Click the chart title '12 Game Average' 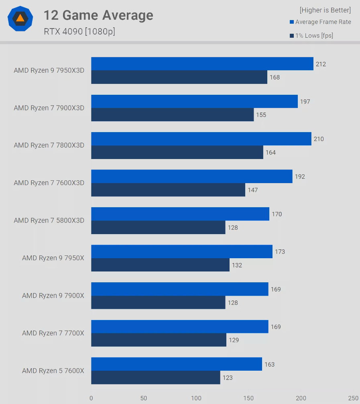pos(98,15)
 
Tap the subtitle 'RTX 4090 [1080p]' pos(79,31)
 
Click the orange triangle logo pos(20,18)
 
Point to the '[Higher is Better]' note pos(325,10)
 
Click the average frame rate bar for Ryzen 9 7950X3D pos(202,64)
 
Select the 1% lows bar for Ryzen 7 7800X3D pos(177,152)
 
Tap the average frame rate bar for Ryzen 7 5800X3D pos(180,214)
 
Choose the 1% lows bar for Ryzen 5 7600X pos(155,377)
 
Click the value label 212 pos(321,64)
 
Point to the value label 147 pos(253,190)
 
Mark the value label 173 pos(280,252)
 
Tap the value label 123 pos(228,377)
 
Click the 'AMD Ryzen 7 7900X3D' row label pos(49,108)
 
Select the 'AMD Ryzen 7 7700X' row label pos(53,333)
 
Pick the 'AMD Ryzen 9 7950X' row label pos(53,258)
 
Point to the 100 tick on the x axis pos(196,398)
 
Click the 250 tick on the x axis pos(353,398)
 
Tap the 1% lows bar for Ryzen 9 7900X pos(158,302)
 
